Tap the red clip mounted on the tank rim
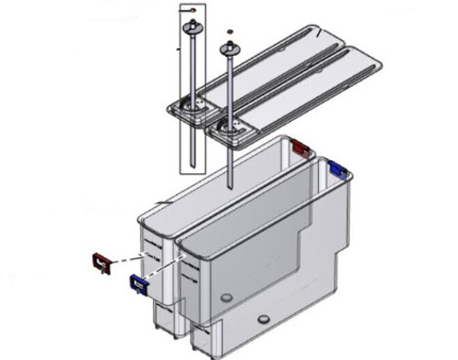point(300,147)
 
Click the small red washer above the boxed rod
point(192,8)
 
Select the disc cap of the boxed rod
point(193,30)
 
